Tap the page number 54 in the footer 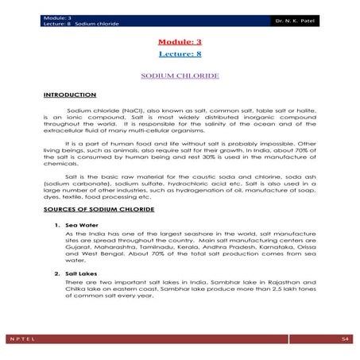(345, 340)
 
